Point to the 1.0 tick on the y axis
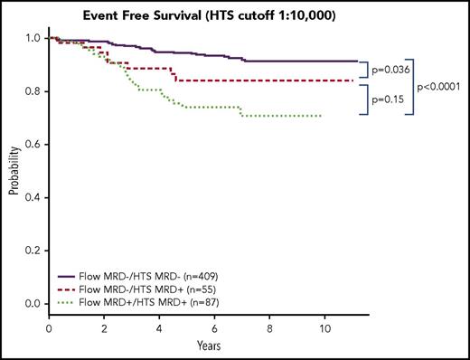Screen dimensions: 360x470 click(33, 39)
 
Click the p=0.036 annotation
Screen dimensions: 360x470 click(390, 67)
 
